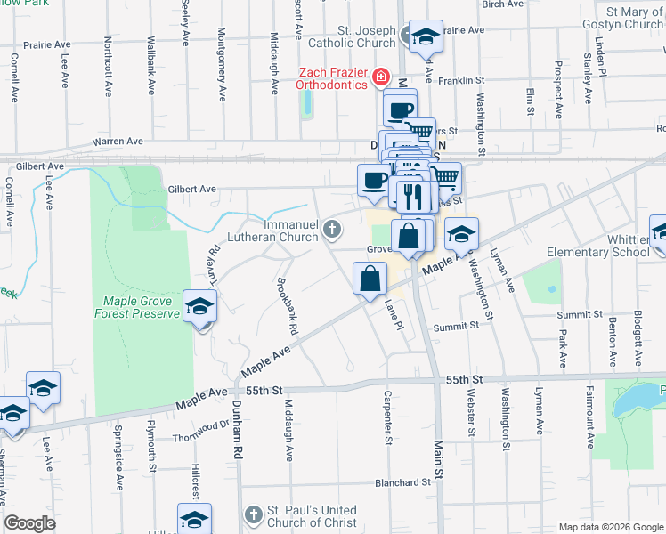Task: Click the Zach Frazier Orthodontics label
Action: [332, 77]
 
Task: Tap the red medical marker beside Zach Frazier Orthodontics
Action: [381, 77]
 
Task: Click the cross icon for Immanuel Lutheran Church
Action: [333, 231]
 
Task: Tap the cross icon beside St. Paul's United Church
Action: [253, 515]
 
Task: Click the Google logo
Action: [31, 522]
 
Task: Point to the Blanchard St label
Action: [403, 482]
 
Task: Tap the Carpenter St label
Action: [388, 417]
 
